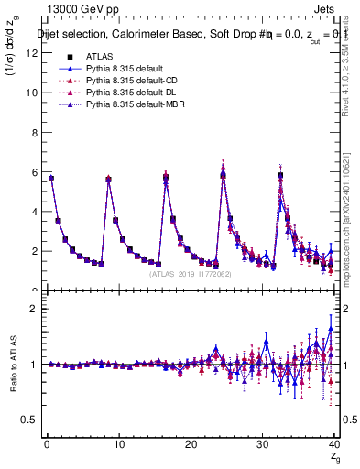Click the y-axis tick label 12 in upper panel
31,52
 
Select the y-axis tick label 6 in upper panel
33,171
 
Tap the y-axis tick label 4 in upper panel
33,212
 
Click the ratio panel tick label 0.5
29,420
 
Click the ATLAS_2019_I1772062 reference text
190,273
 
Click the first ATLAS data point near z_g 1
51,179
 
